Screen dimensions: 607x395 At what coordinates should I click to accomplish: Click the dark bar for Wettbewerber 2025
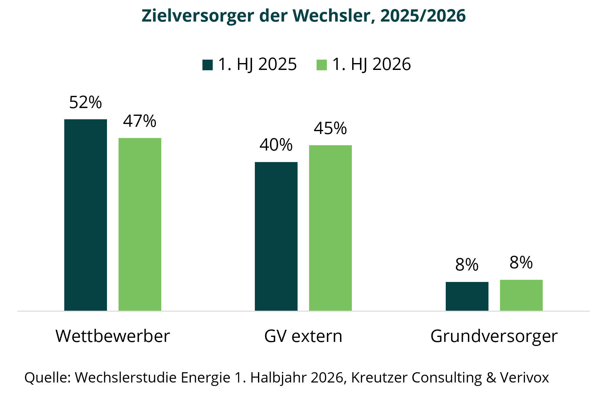[85, 215]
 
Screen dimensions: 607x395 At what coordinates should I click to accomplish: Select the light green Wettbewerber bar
[140, 224]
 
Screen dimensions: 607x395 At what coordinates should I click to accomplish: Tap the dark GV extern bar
[276, 236]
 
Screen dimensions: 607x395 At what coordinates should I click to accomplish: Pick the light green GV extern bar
[330, 228]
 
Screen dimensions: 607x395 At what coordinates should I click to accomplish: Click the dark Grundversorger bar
[467, 296]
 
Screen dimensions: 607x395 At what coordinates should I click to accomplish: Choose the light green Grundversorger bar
[521, 295]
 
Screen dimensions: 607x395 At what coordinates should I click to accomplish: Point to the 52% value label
[85, 102]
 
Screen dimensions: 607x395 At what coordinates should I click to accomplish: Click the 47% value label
[140, 121]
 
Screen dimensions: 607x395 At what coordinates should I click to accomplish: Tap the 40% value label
[276, 145]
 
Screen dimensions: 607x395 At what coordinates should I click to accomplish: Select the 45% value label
[330, 128]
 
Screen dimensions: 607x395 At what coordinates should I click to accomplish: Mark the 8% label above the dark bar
[467, 265]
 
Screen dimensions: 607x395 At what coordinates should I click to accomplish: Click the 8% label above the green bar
[521, 263]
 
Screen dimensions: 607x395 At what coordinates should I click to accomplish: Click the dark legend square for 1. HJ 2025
[207, 65]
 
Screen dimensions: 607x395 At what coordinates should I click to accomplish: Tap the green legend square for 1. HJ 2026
[322, 65]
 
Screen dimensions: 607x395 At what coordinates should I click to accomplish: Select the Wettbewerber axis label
[113, 336]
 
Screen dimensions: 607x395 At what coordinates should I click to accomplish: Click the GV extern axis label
[303, 336]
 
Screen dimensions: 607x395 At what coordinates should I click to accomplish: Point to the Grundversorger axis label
[494, 337]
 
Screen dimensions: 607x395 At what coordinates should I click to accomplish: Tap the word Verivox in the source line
[524, 378]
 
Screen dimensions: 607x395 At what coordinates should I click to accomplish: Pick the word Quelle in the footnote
[47, 378]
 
